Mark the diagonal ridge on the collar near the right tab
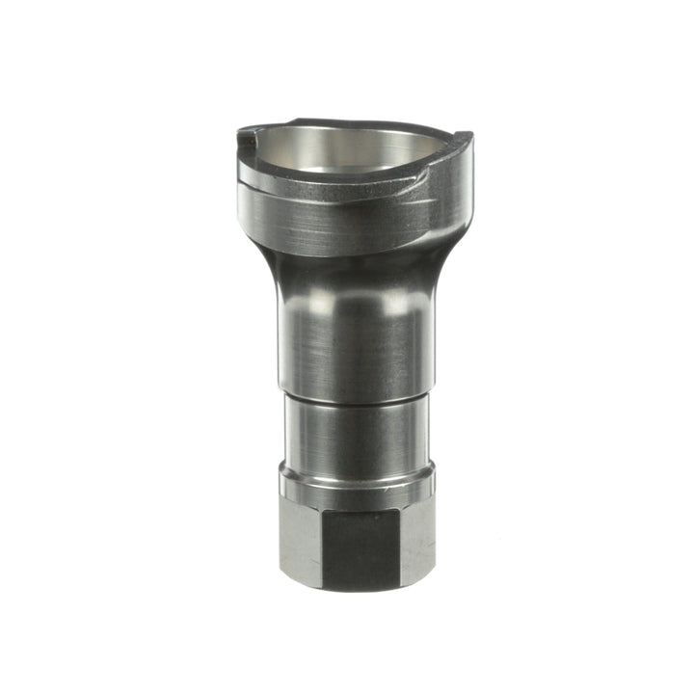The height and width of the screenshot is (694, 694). [x=424, y=183]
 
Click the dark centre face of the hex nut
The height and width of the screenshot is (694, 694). [x=360, y=545]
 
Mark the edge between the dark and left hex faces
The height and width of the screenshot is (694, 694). [x=321, y=545]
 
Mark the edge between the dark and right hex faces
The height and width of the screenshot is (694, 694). [x=399, y=545]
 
